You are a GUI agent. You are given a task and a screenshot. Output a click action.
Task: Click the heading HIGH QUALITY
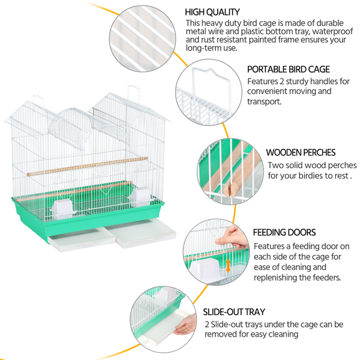tap(212, 12)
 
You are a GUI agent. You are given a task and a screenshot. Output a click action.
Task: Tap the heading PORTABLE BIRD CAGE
tap(289, 70)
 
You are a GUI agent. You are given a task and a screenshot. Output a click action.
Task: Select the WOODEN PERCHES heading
tap(301, 152)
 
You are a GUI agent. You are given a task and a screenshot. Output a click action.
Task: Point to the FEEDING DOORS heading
tap(284, 232)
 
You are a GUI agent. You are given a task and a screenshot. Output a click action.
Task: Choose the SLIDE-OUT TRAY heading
tap(234, 312)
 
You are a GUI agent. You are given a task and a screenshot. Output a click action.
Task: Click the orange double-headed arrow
tap(228, 266)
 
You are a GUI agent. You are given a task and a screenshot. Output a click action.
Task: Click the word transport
tap(264, 101)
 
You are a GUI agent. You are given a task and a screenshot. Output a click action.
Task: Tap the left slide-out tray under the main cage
tap(82, 239)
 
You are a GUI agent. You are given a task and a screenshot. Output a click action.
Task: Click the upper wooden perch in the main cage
tap(87, 166)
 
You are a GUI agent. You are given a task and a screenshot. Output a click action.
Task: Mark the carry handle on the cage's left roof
tap(38, 100)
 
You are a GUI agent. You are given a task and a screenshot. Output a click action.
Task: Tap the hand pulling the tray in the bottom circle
tap(185, 325)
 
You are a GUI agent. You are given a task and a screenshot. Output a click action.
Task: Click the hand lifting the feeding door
tap(232, 237)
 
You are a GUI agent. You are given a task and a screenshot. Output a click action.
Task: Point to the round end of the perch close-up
tap(230, 189)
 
